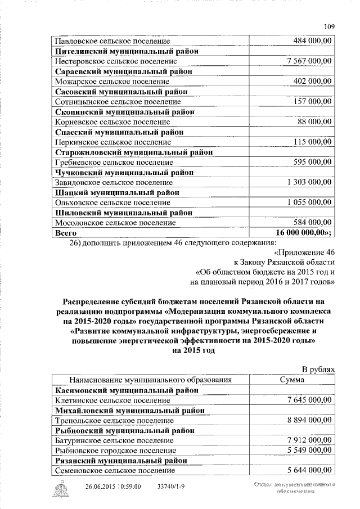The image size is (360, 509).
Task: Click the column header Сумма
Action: (x=292, y=380)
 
